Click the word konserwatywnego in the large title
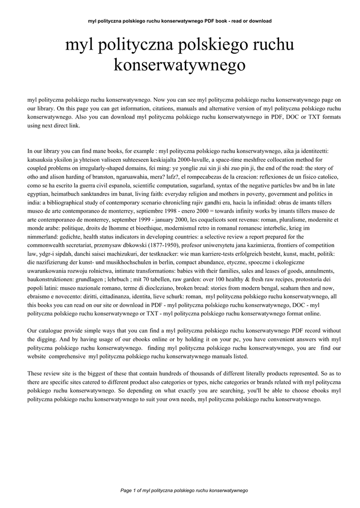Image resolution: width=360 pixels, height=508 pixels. (180, 64)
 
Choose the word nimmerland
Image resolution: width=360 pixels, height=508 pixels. (45, 236)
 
